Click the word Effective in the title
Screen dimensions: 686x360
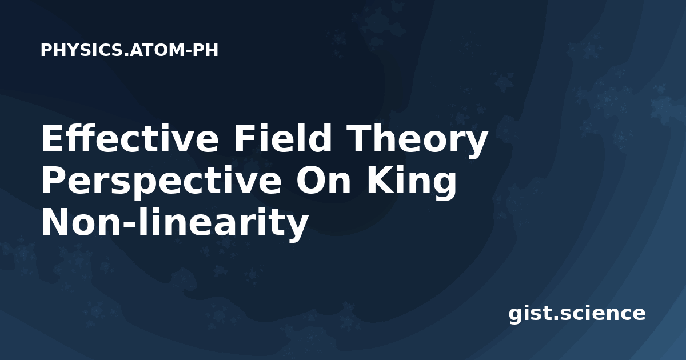(130, 138)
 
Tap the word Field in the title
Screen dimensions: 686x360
(282, 138)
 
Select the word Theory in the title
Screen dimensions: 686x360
(417, 141)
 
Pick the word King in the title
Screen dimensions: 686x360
(412, 183)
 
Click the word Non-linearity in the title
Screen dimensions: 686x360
(175, 223)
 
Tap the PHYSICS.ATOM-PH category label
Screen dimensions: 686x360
(129, 50)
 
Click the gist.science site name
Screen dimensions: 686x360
(577, 314)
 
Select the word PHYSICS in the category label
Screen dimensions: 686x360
(82, 50)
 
